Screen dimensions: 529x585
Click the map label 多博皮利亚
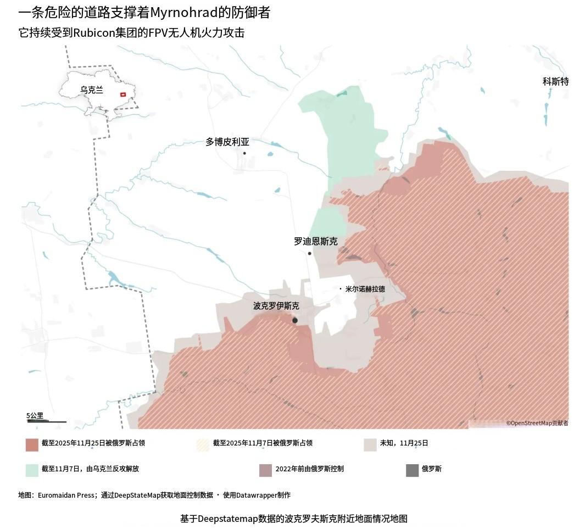227,142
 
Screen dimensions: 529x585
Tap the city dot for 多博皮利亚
244,153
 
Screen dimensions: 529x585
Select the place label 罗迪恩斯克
316,241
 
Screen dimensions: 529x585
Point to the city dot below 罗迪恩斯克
310,253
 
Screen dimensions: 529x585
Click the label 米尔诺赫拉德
365,289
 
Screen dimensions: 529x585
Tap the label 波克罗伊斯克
276,306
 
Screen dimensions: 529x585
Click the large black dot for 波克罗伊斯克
295,320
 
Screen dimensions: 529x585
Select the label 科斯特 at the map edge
555,82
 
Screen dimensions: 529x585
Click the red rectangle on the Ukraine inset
123,94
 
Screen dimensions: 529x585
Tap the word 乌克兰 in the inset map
92,90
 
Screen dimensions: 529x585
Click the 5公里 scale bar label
35,416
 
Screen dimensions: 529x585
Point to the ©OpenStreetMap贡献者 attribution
537,423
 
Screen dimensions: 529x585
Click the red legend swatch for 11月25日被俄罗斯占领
32,444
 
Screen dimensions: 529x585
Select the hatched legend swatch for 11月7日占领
203,444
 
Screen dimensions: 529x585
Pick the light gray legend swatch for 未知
370,444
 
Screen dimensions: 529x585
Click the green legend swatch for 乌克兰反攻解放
32,470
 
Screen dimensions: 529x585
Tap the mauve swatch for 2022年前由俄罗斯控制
265,470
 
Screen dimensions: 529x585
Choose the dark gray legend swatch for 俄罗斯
412,470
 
